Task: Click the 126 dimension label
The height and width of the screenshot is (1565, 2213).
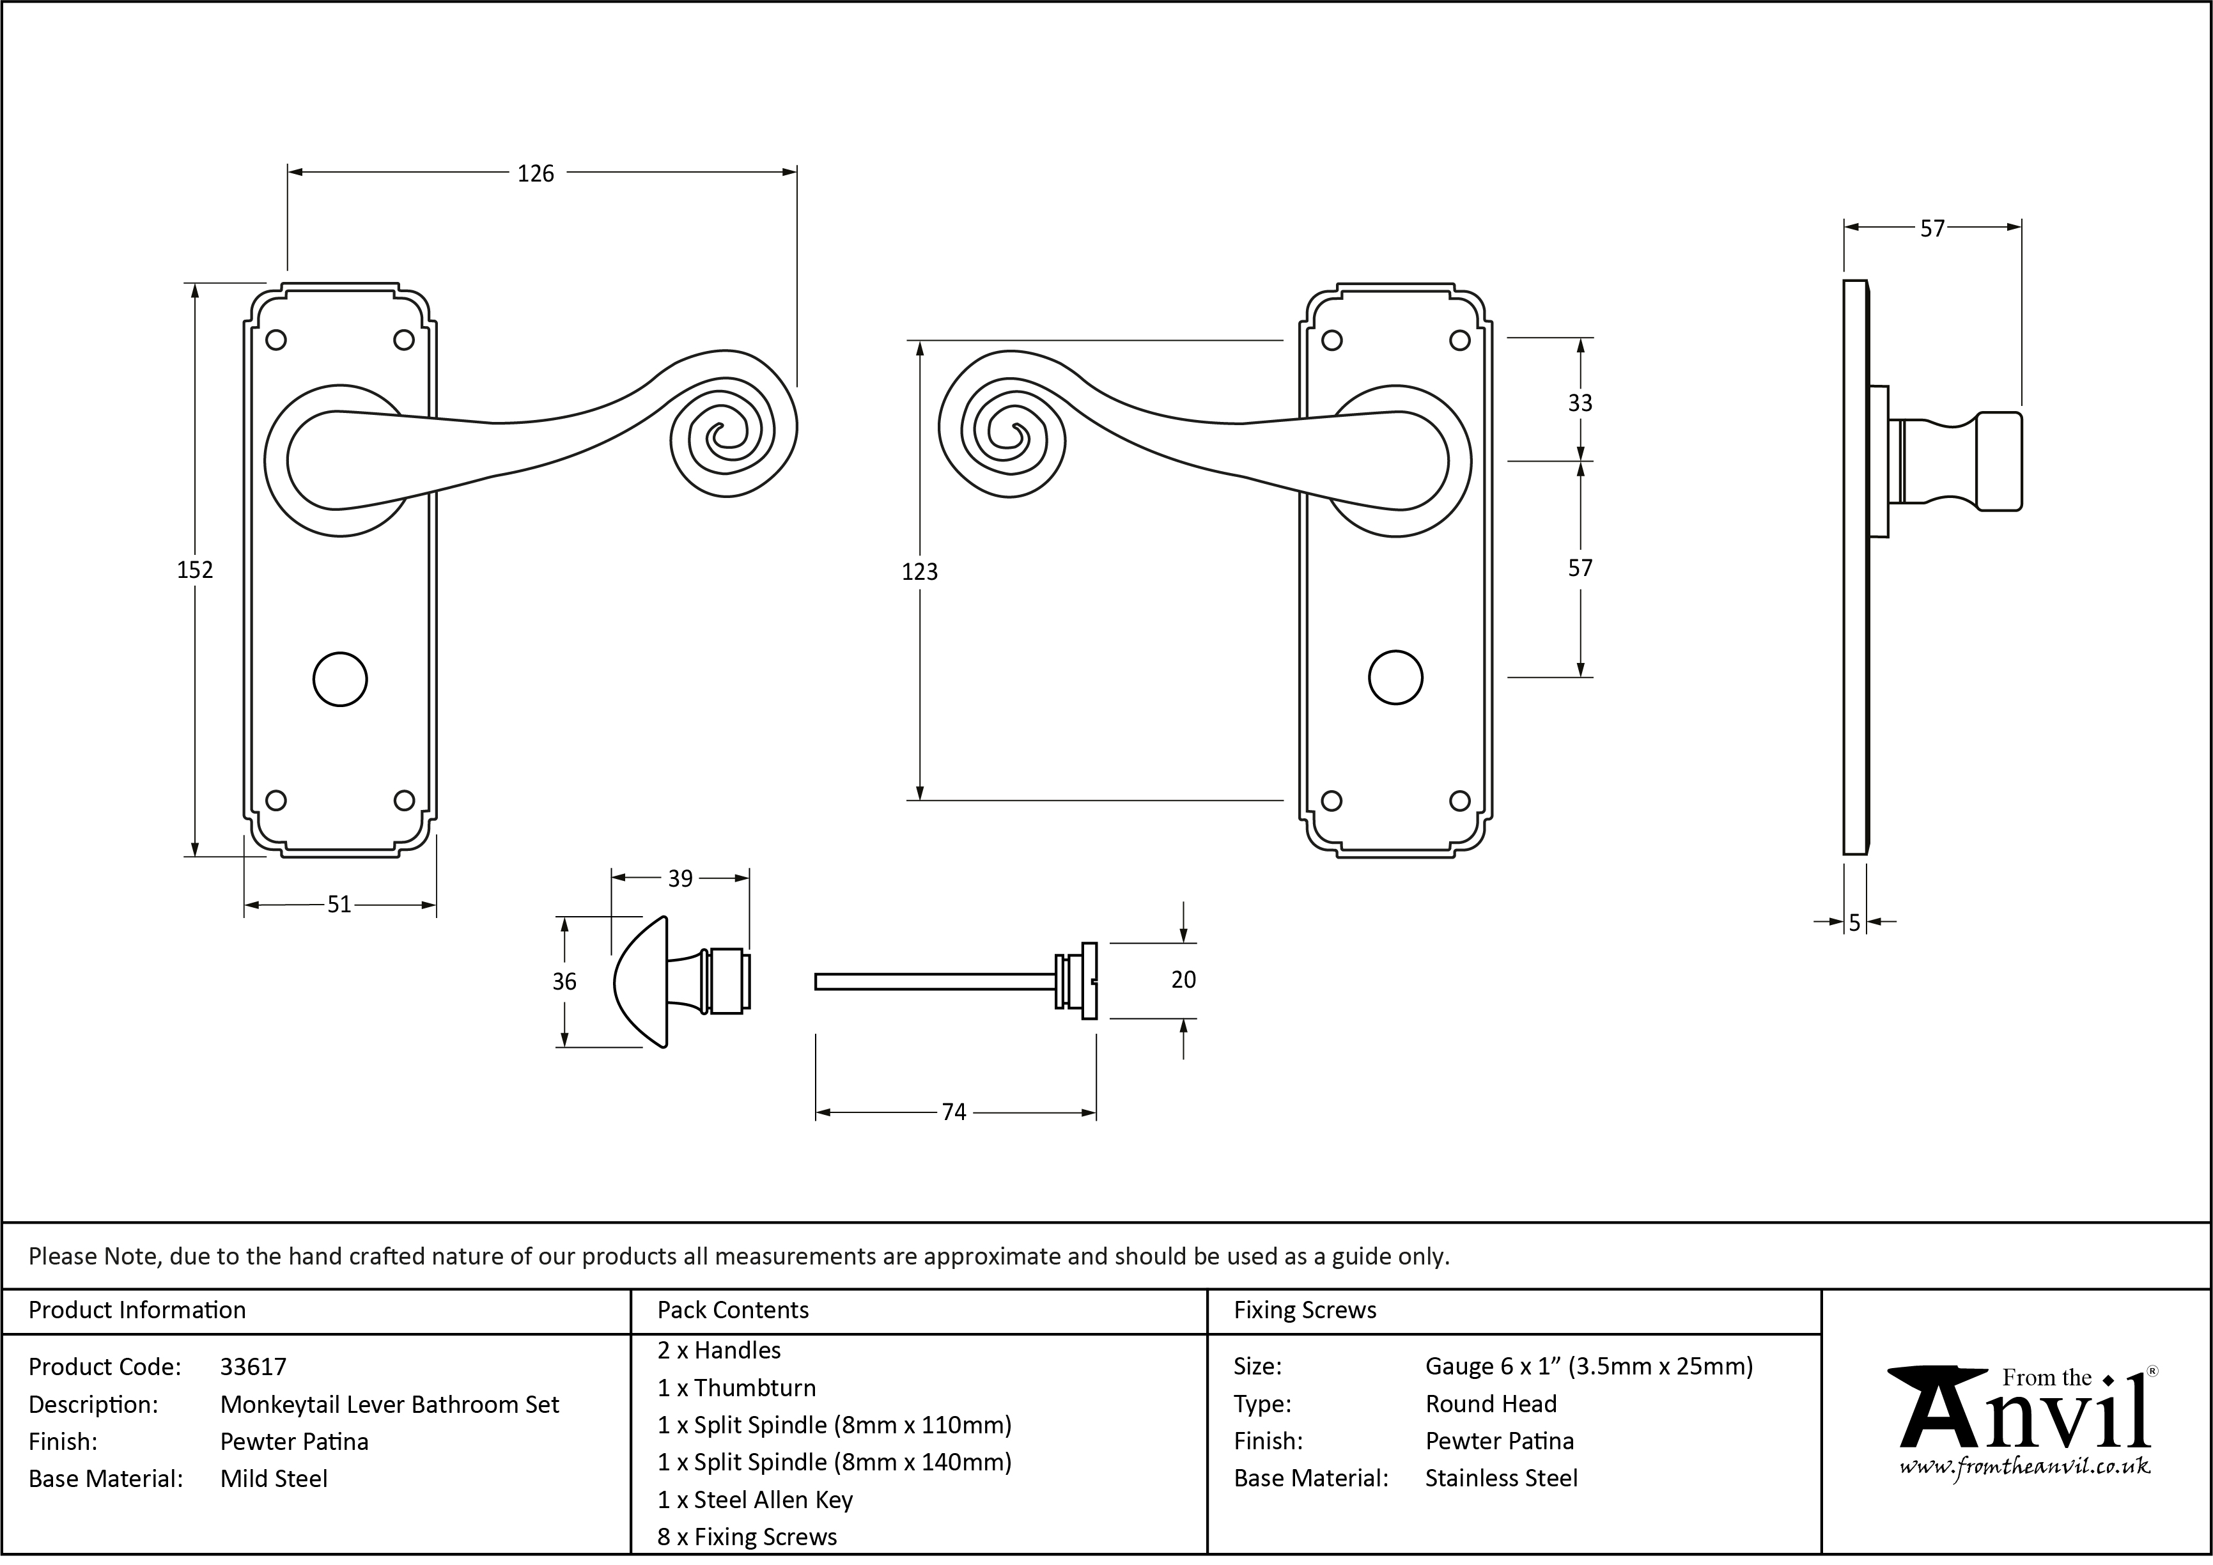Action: click(536, 173)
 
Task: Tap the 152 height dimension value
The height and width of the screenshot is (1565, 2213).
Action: click(195, 570)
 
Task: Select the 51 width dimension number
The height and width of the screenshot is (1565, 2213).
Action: click(339, 904)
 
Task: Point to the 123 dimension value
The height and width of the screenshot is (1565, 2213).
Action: click(919, 572)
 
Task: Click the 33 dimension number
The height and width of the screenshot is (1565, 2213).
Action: click(1580, 403)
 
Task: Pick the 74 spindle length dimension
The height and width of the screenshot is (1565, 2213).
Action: click(954, 1112)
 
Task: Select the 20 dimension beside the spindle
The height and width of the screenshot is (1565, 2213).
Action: click(1184, 979)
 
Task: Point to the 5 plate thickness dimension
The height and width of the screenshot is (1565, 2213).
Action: click(1854, 923)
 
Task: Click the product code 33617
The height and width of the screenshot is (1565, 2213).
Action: click(254, 1366)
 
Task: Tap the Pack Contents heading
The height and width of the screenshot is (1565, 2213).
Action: click(733, 1310)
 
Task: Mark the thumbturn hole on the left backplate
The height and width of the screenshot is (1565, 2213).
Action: click(340, 680)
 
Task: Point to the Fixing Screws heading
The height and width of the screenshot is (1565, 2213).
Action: click(1305, 1310)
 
